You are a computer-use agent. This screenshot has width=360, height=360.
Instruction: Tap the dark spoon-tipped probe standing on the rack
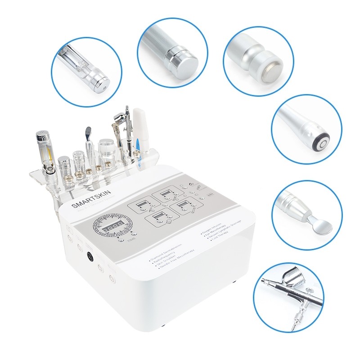pyautogui.click(x=88, y=135)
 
